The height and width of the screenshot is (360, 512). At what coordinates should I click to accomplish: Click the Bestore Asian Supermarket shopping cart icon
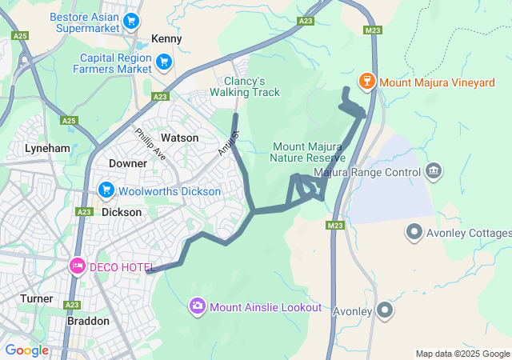point(130,21)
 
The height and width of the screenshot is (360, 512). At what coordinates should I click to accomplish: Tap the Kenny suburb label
point(166,38)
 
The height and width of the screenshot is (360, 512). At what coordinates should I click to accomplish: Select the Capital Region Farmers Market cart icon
point(164,62)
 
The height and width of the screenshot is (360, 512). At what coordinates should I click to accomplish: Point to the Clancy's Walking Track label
point(245,86)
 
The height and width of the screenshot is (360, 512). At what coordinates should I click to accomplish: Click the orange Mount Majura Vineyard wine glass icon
point(367,81)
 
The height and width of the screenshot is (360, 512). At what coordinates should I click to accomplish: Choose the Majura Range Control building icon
point(434,170)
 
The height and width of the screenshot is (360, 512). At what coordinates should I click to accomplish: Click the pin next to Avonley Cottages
point(414,233)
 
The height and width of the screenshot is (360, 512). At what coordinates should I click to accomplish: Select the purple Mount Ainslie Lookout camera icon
point(197,306)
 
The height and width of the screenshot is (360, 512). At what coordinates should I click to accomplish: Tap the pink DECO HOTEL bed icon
point(77,265)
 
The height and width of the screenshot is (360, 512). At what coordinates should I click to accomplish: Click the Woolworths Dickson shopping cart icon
point(106,190)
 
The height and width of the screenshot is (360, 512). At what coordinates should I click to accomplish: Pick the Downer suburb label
point(128,163)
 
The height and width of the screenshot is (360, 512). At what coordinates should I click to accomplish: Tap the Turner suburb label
point(37,298)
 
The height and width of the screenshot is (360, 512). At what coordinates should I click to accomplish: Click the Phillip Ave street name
point(150,145)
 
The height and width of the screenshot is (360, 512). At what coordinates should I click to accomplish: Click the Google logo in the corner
point(26,350)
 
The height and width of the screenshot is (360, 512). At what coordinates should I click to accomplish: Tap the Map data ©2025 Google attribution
point(462,354)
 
